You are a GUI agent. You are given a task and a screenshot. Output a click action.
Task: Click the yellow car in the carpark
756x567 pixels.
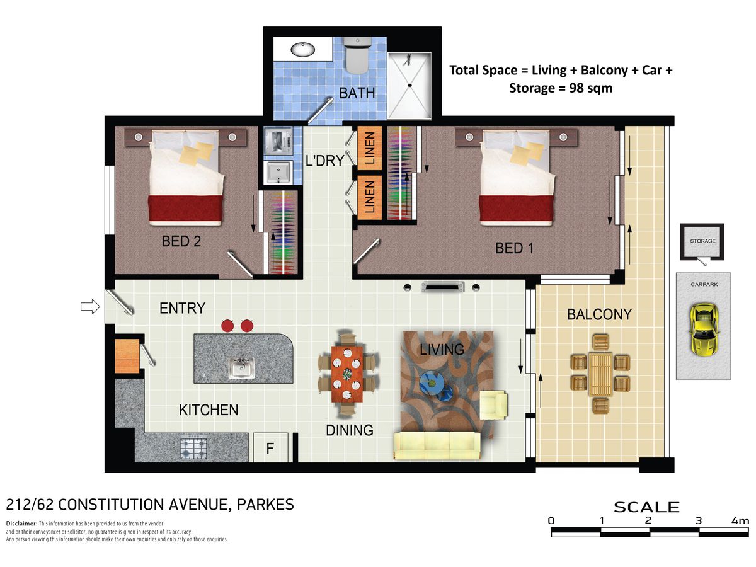tap(704, 329)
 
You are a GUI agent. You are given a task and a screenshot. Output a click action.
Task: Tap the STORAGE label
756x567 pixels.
tap(702, 241)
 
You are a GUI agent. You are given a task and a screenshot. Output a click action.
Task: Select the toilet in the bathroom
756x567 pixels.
tap(357, 55)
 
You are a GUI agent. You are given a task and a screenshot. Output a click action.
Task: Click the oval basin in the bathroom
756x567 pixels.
tap(302, 50)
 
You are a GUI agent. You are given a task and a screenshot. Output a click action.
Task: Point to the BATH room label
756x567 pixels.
tap(357, 93)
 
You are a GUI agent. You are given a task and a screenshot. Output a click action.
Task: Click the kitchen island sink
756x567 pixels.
tap(241, 368)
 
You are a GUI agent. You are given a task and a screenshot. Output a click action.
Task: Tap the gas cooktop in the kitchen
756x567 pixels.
tap(193, 448)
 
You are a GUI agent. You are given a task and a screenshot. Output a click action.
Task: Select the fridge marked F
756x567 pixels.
tap(270, 447)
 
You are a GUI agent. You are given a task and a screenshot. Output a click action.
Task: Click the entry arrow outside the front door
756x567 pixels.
tap(90, 306)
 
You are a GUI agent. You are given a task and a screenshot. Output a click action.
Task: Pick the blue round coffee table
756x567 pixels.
tap(431, 382)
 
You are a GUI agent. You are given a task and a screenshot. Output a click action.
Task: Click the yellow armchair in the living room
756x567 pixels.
tap(493, 405)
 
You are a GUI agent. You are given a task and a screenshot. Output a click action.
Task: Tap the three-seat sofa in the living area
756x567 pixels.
tap(437, 445)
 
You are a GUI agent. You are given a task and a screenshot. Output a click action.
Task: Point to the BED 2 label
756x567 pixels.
tap(181, 241)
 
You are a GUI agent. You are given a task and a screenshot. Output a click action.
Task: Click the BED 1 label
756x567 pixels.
tap(514, 248)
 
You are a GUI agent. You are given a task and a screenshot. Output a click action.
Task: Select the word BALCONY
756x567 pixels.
tap(599, 314)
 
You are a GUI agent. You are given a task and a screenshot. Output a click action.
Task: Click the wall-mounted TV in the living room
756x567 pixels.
tap(442, 287)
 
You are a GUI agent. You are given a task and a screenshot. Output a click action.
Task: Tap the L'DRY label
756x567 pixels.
tap(324, 161)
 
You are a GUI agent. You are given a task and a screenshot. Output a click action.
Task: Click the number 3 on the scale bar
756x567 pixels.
tap(699, 521)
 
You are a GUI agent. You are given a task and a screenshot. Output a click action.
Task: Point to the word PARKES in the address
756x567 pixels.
tap(265, 505)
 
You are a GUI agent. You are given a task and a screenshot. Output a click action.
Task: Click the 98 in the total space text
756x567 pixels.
tap(576, 88)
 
